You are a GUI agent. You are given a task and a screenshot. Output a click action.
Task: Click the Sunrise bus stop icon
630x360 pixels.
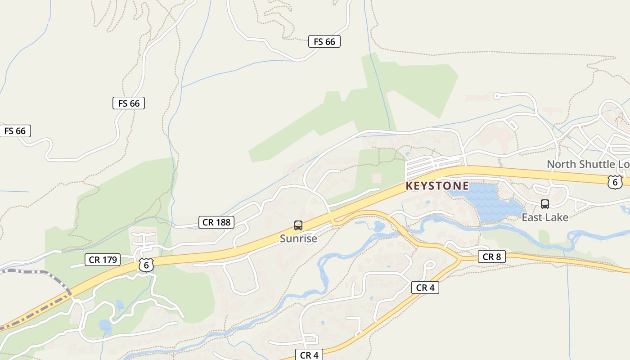[x=298, y=225]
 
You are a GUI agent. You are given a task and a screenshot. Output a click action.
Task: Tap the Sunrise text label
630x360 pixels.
[x=298, y=238]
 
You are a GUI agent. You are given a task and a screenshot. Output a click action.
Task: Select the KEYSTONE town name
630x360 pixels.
[x=437, y=186]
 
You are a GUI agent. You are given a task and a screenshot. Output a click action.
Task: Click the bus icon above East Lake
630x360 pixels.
[x=545, y=204]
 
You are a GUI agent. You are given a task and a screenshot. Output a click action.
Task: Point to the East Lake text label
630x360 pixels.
[x=545, y=217]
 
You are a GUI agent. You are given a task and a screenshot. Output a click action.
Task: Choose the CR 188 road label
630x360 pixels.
[x=216, y=222]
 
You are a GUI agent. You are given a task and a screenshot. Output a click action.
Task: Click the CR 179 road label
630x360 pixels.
[x=103, y=260]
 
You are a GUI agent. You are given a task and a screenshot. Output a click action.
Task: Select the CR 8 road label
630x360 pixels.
[x=491, y=257]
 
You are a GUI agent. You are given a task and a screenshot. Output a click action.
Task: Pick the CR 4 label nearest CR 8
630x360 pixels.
[x=425, y=288]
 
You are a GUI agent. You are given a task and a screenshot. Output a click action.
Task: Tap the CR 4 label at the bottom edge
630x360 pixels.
[x=309, y=355]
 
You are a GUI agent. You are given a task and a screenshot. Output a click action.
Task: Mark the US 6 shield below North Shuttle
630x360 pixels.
[x=615, y=182]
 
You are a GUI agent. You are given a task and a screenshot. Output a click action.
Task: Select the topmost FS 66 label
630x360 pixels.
[x=324, y=41]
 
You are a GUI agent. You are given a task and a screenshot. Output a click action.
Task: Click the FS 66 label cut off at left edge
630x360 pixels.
[x=15, y=131]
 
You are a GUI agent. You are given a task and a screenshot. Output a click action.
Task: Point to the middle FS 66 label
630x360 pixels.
[x=129, y=103]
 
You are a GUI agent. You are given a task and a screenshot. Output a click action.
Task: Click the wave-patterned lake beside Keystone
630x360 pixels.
[x=488, y=202]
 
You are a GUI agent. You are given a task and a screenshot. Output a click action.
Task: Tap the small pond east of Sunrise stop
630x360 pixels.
[x=379, y=226]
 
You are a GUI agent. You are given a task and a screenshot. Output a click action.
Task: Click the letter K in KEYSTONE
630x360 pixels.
[x=409, y=186]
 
